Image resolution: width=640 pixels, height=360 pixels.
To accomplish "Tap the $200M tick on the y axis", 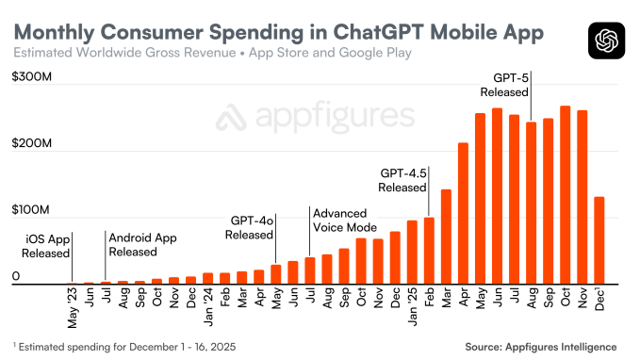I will (x=31, y=150).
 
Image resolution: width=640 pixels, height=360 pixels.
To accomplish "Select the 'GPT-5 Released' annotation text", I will (x=510, y=85).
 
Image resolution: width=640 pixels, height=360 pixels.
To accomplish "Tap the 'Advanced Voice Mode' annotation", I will (x=345, y=221).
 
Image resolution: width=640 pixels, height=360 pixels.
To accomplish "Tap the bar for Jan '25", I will (x=411, y=252).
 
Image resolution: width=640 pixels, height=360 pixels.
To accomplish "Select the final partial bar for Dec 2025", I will (x=599, y=240).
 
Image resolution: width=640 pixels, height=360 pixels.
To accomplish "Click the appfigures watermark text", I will (x=315, y=118).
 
